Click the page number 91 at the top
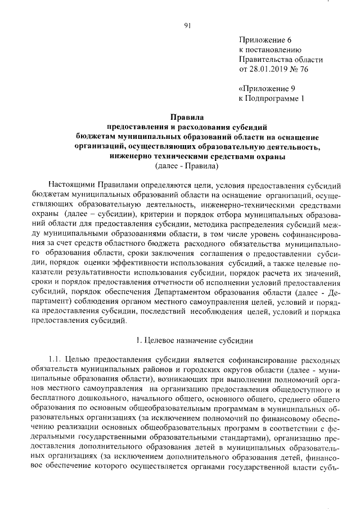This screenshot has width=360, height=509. tap(187, 25)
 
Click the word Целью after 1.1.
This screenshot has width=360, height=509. tap(76, 360)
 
